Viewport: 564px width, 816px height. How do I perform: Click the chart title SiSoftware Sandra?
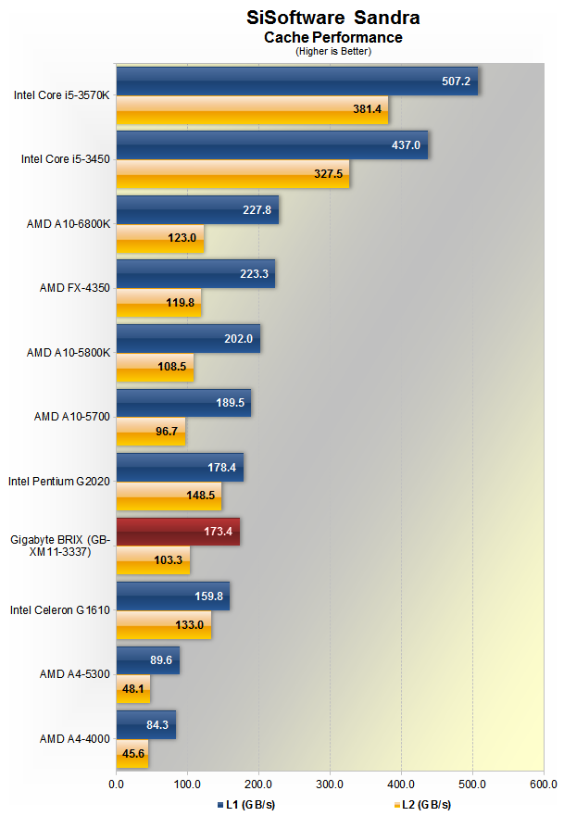(x=332, y=17)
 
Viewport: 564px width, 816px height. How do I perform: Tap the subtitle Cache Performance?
(x=332, y=38)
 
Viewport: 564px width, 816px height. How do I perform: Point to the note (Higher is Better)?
(x=332, y=51)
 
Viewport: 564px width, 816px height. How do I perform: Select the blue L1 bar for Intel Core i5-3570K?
(x=296, y=82)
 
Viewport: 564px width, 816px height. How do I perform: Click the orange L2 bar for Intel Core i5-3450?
(x=232, y=173)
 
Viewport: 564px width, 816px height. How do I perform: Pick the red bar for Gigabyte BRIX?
(x=178, y=531)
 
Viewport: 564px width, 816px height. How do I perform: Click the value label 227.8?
(x=256, y=210)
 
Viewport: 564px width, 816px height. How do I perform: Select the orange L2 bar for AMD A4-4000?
(x=132, y=753)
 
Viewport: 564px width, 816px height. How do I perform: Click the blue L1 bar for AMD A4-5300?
(x=147, y=660)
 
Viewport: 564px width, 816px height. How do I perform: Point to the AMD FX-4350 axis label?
(x=75, y=288)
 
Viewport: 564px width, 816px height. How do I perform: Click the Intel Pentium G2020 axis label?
(x=59, y=482)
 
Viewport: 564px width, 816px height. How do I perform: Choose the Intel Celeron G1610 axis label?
(x=60, y=610)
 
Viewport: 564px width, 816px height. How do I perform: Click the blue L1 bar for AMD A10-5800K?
(x=188, y=339)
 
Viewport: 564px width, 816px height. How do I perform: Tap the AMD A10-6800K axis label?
(x=69, y=223)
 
